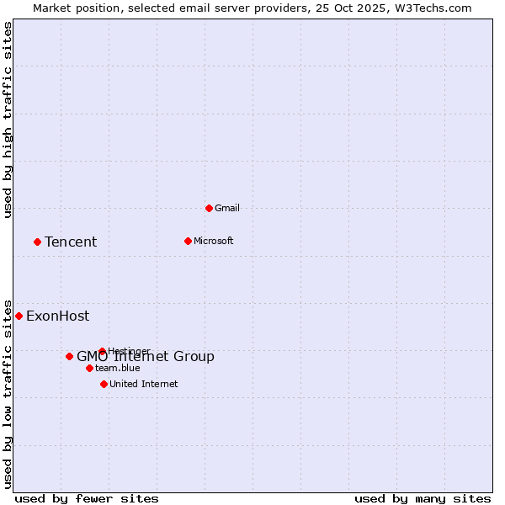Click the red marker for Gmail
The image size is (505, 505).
click(x=209, y=208)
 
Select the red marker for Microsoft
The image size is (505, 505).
click(x=188, y=241)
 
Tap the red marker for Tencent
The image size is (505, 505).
click(x=37, y=242)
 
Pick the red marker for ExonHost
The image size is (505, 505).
click(x=19, y=316)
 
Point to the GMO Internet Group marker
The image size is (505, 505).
click(x=69, y=356)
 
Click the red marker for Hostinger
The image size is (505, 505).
click(x=102, y=351)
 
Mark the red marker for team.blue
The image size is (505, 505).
click(x=89, y=368)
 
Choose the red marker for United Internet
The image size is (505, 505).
click(x=104, y=384)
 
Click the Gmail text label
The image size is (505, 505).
click(x=227, y=208)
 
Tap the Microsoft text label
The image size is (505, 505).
click(x=213, y=241)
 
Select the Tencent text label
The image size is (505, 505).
click(x=71, y=242)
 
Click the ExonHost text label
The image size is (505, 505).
click(x=57, y=316)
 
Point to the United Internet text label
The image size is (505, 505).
click(x=143, y=384)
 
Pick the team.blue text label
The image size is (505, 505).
click(x=118, y=368)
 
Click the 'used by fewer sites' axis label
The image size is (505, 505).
click(x=87, y=498)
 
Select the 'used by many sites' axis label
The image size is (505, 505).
click(x=423, y=498)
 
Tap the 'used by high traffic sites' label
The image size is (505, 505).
click(x=8, y=120)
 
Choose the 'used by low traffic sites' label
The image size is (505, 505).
click(x=8, y=394)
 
